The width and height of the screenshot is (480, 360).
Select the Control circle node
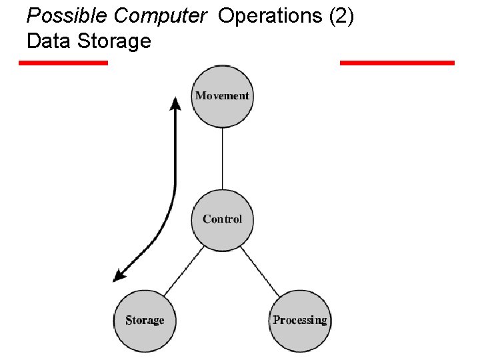[222, 220]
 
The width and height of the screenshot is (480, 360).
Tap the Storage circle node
[144, 321]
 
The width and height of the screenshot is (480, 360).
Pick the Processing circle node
[299, 321]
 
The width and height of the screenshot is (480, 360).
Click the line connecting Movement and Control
[222, 159]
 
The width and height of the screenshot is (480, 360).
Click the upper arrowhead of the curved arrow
[175, 104]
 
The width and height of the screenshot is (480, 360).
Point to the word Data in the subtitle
[49, 41]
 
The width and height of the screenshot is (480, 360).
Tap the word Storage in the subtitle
[114, 41]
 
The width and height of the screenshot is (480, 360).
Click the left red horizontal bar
[63, 63]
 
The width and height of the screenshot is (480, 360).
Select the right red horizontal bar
[397, 63]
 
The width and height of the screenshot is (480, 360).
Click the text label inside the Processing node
[299, 320]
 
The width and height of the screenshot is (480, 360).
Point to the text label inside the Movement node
[222, 96]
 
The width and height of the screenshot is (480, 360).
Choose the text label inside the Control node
[222, 219]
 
